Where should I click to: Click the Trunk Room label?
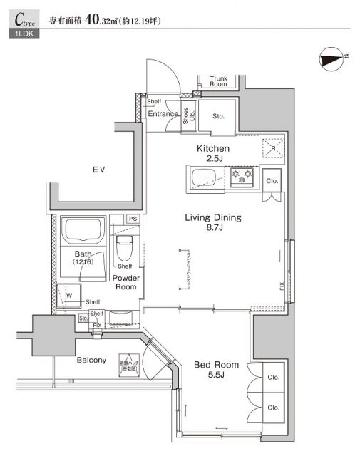click(x=218, y=81)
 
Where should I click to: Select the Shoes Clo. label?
click(x=186, y=115)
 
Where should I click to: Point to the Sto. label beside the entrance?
click(x=217, y=115)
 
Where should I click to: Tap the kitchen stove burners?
click(x=242, y=175)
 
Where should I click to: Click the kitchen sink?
click(x=206, y=175)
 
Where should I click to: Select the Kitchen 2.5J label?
click(x=212, y=154)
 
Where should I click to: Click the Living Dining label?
click(x=213, y=223)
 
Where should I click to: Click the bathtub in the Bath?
click(x=84, y=230)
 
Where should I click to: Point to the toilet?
click(x=124, y=248)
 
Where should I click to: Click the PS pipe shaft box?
click(x=132, y=219)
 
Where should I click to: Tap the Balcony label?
click(x=92, y=360)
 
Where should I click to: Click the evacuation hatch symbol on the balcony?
click(x=128, y=363)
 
